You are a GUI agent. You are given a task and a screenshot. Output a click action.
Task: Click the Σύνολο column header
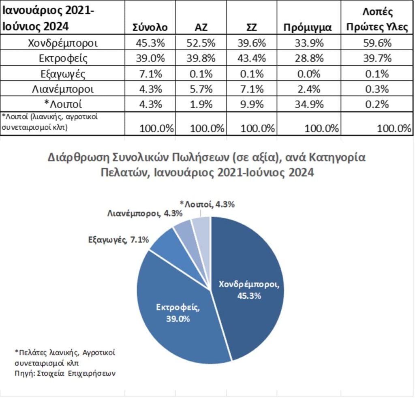[x=150, y=27]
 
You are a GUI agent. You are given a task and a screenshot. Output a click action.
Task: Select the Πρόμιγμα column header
[x=308, y=28]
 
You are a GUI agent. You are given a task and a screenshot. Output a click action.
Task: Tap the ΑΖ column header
[x=201, y=27]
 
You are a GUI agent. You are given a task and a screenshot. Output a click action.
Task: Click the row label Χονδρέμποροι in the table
[x=63, y=43]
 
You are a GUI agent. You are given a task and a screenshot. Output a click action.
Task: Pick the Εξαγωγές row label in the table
[x=63, y=74]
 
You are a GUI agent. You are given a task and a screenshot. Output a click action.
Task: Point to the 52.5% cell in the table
[x=201, y=43]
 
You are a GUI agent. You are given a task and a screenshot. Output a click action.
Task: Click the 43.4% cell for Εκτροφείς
[x=251, y=58]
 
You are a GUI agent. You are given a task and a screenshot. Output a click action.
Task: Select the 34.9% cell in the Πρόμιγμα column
[x=309, y=104]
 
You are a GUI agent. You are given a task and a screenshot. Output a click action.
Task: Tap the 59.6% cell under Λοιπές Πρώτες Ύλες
[x=377, y=43]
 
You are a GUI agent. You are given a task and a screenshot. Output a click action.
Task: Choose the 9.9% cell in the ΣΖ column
[x=252, y=104]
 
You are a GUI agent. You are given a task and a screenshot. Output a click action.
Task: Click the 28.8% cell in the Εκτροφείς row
[x=309, y=58]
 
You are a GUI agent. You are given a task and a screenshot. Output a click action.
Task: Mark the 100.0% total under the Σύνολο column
[x=156, y=128]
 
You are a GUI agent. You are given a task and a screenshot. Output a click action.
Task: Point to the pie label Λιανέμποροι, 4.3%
[x=145, y=214]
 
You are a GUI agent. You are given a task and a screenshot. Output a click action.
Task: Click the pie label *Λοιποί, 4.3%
[x=207, y=204]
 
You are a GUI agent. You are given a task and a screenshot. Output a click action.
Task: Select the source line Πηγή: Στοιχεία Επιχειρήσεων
[x=65, y=373]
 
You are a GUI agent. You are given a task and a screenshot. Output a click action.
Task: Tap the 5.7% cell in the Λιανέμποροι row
[x=201, y=89]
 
